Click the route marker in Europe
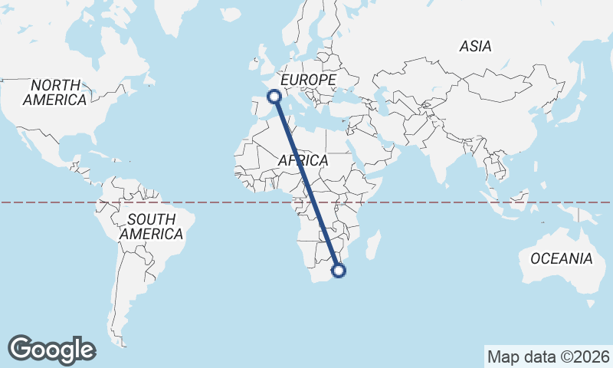click(x=274, y=96)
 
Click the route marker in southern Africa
click(x=339, y=270)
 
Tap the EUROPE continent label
click(x=308, y=80)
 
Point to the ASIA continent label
click(x=475, y=47)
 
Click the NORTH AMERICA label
click(x=54, y=92)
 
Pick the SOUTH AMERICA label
click(x=152, y=226)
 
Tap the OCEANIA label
click(x=561, y=258)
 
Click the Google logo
click(x=51, y=350)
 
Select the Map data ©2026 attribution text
click(x=548, y=356)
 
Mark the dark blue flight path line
click(x=306, y=184)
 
